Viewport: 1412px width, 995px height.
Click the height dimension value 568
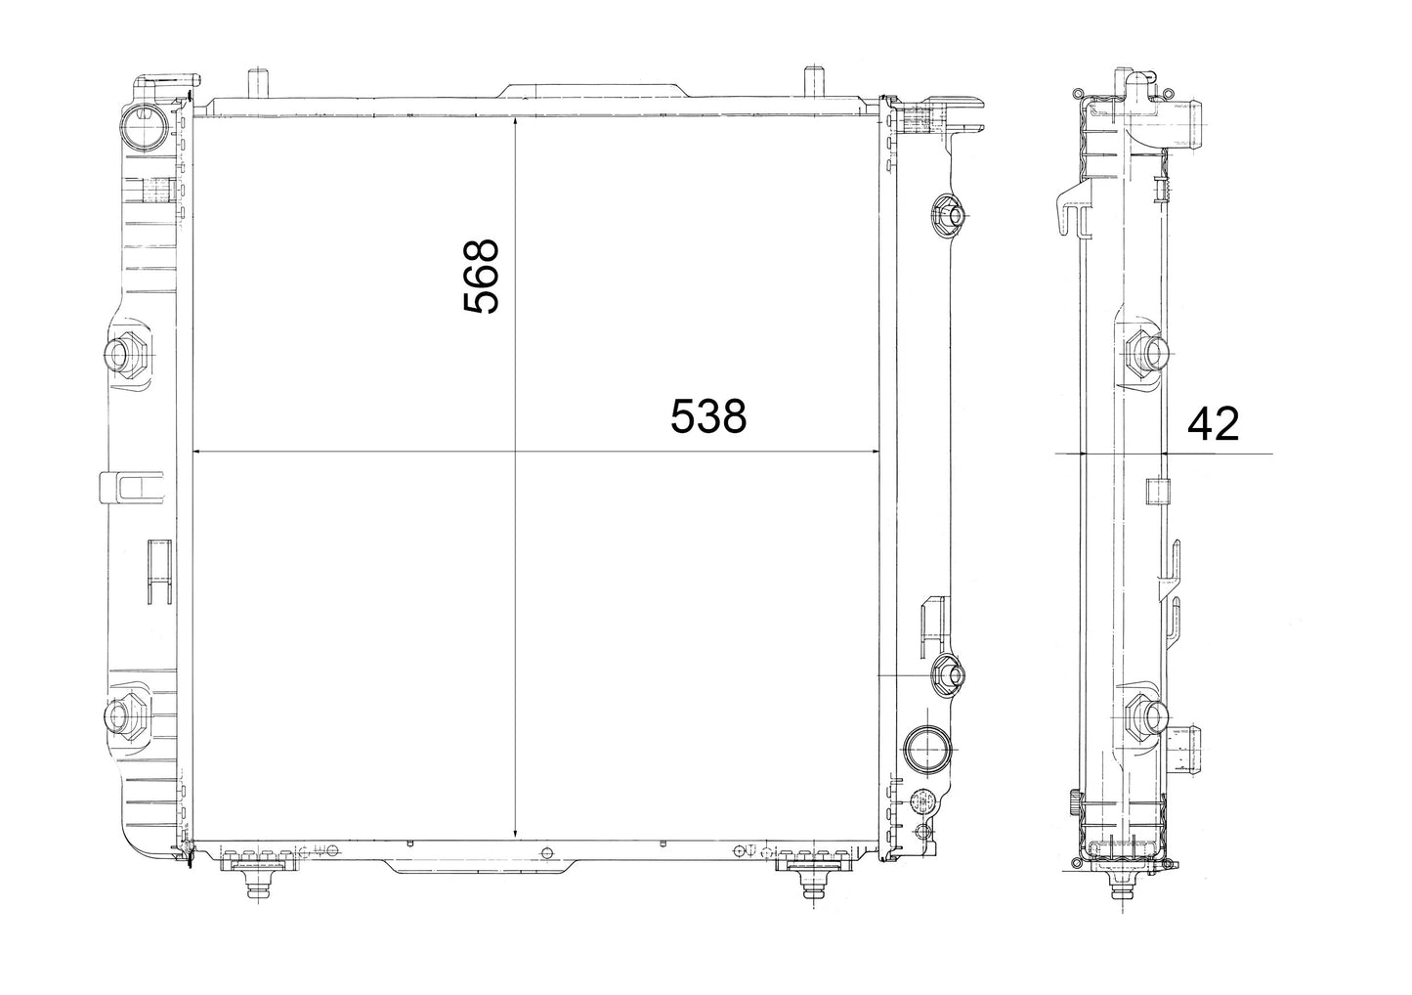(481, 276)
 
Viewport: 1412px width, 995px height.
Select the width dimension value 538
(707, 416)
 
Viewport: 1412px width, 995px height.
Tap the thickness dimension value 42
(1213, 424)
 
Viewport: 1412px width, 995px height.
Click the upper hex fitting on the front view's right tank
(947, 216)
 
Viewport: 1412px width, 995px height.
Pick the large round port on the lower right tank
(926, 749)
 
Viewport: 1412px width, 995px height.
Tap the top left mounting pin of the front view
(258, 82)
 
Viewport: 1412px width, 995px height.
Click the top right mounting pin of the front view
(814, 82)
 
